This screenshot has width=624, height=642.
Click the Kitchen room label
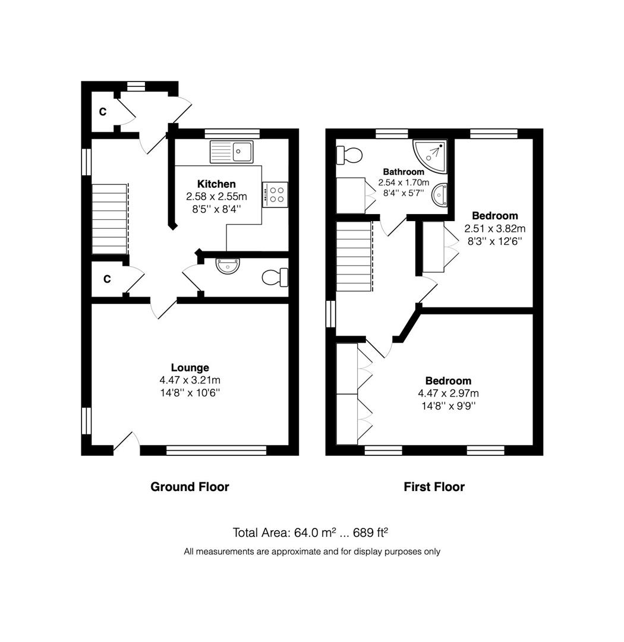pyautogui.click(x=216, y=184)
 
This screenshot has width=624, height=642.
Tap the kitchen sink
pyautogui.click(x=231, y=152)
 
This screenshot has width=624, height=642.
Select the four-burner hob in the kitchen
pyautogui.click(x=275, y=194)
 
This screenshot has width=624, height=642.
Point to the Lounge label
pyautogui.click(x=190, y=368)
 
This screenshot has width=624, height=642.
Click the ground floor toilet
pyautogui.click(x=275, y=277)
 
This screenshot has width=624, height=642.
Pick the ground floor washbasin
pyautogui.click(x=228, y=266)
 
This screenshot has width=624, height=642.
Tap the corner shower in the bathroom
pyautogui.click(x=430, y=156)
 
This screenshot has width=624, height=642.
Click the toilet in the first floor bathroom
pyautogui.click(x=349, y=155)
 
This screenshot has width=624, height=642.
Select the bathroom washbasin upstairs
pyautogui.click(x=440, y=194)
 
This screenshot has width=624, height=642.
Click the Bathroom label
pyautogui.click(x=404, y=172)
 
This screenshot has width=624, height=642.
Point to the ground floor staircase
pyautogui.click(x=110, y=219)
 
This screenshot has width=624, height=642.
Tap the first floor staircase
pyautogui.click(x=355, y=256)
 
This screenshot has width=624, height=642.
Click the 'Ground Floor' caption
pyautogui.click(x=190, y=486)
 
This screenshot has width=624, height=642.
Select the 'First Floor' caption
pyautogui.click(x=434, y=486)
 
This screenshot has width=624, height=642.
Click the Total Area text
pyautogui.click(x=310, y=532)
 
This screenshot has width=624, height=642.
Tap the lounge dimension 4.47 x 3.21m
pyautogui.click(x=190, y=380)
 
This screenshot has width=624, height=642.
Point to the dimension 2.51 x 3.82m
pyautogui.click(x=494, y=228)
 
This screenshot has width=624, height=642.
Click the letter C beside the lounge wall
pyautogui.click(x=107, y=279)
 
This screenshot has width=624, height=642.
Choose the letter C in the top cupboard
pyautogui.click(x=103, y=111)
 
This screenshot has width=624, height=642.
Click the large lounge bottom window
pyautogui.click(x=216, y=451)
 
